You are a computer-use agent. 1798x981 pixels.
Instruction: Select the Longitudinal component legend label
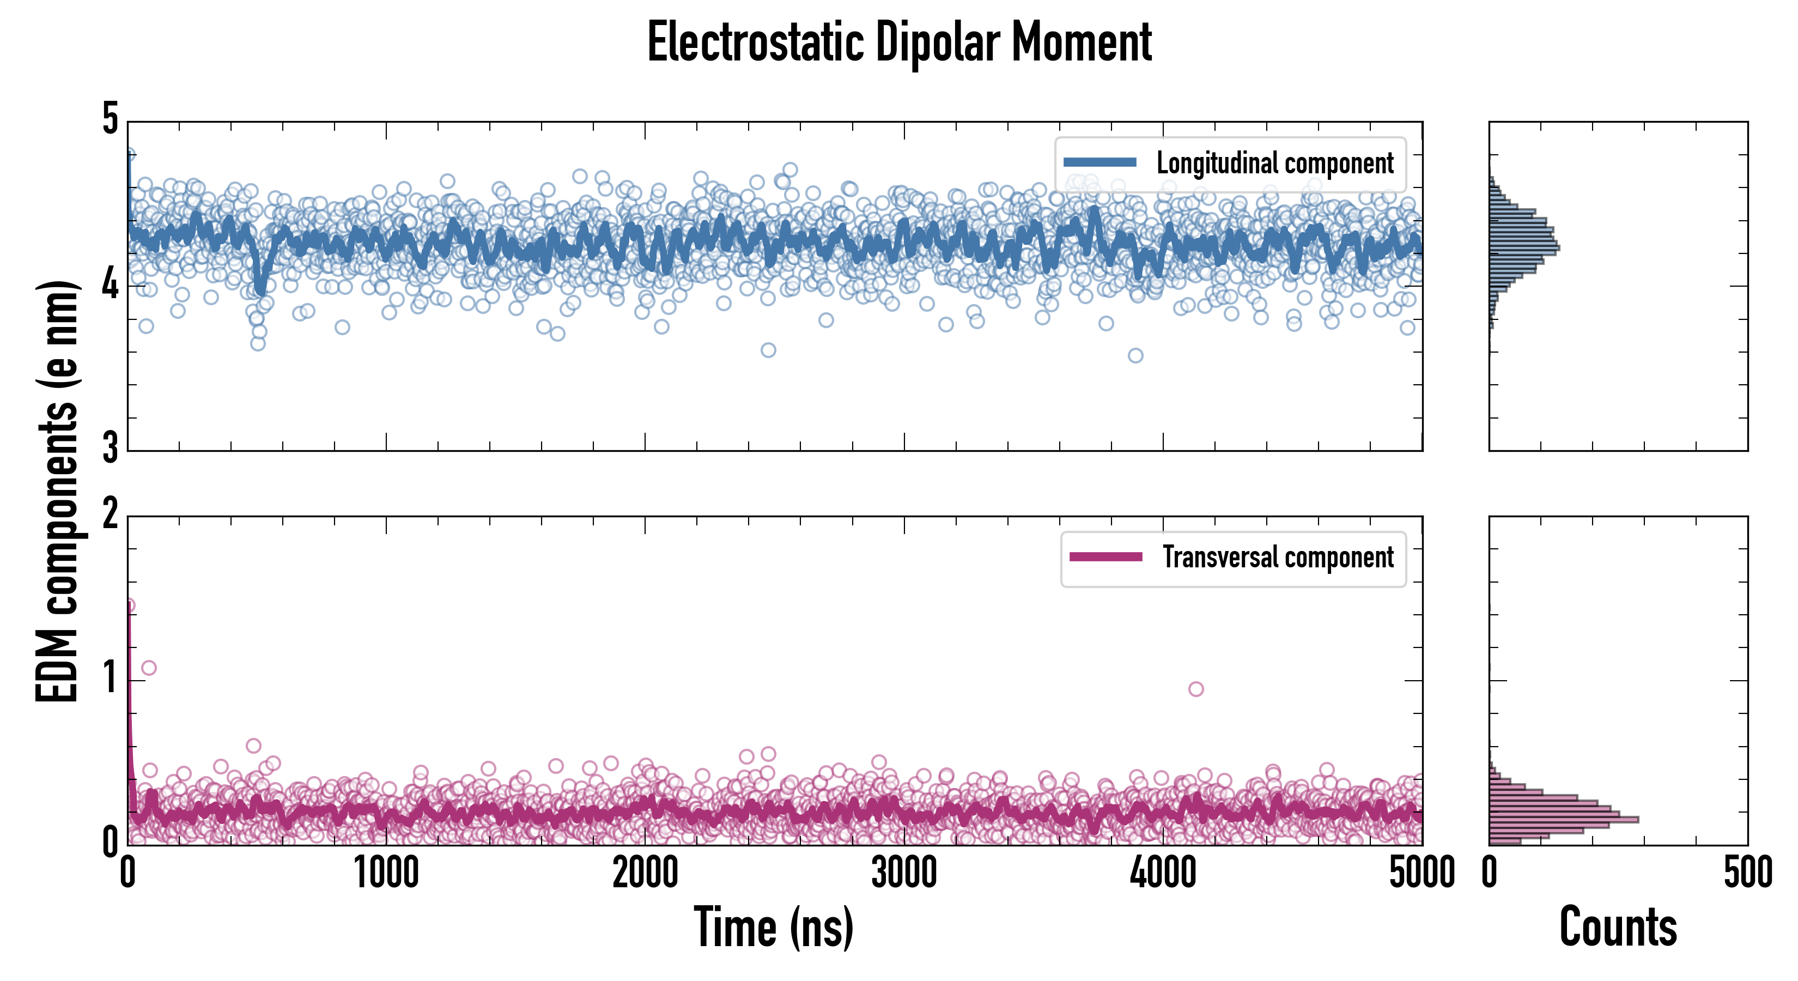coord(1274,163)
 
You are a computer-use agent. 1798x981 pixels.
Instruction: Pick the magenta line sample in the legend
coord(1105,556)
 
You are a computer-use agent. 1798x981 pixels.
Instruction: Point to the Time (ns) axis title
coord(773,927)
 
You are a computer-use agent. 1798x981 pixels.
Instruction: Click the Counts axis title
coord(1618,927)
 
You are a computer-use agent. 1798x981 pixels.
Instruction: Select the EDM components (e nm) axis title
coord(57,492)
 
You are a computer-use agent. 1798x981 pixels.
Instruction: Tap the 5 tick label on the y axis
coord(110,119)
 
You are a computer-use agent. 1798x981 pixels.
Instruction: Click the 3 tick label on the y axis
coord(110,447)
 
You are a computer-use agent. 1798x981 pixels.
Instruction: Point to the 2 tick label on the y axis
coord(110,514)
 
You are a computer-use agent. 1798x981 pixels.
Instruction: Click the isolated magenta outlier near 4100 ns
coord(1195,689)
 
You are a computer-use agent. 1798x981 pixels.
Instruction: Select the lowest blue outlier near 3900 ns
coord(1135,355)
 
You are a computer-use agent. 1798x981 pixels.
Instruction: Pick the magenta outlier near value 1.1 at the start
coord(149,668)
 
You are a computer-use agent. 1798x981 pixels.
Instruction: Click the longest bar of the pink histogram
coord(1564,819)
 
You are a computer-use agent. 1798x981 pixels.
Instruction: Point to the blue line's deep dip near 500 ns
coord(260,288)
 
